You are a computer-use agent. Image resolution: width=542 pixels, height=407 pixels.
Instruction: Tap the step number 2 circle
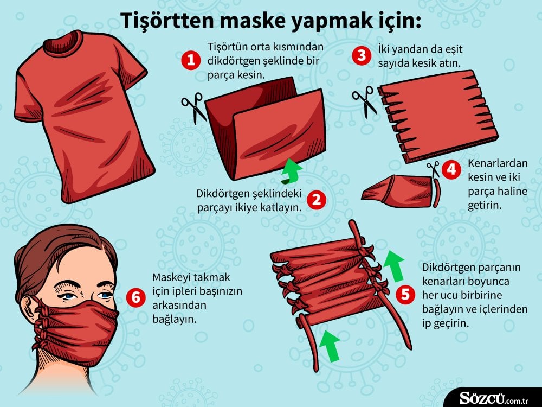click(317, 200)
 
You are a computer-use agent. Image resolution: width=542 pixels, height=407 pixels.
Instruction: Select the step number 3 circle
click(361, 56)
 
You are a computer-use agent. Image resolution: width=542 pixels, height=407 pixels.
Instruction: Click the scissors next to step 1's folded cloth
click(193, 106)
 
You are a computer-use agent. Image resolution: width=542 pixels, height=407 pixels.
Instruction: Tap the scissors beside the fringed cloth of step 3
click(365, 102)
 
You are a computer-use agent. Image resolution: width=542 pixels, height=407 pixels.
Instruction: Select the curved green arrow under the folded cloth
click(292, 169)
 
